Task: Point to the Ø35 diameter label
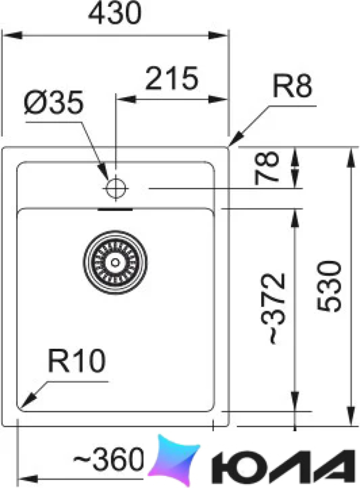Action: tap(54, 102)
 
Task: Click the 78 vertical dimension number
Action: tap(266, 168)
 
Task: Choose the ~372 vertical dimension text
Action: tap(273, 308)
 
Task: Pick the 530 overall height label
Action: tap(329, 286)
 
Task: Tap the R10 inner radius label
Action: tap(77, 360)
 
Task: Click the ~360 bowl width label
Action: tap(109, 459)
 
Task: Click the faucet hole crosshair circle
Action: tap(115, 188)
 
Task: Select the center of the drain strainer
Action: tap(115, 262)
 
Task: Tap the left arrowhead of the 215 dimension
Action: tap(127, 99)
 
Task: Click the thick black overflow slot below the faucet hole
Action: tap(115, 209)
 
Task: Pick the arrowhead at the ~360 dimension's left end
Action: tap(28, 478)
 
